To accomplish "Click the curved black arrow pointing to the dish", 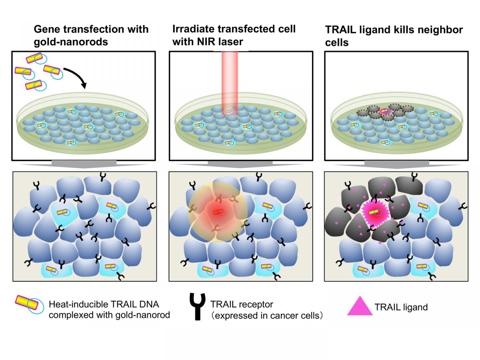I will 76,76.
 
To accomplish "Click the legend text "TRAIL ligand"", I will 401,307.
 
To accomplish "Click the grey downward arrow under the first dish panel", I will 84,164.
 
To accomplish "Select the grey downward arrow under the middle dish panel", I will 241,164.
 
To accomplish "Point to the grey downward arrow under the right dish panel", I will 396,164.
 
